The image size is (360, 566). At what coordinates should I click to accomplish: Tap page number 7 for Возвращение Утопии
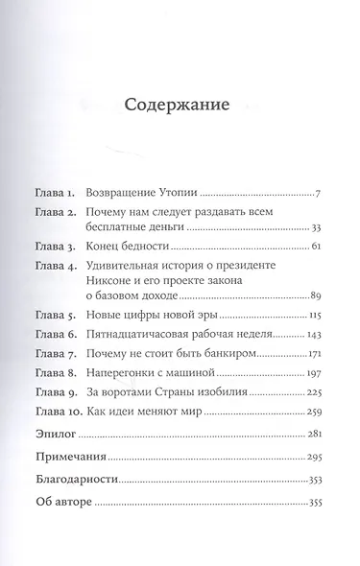point(317,194)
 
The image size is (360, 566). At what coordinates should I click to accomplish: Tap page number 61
point(316,248)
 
